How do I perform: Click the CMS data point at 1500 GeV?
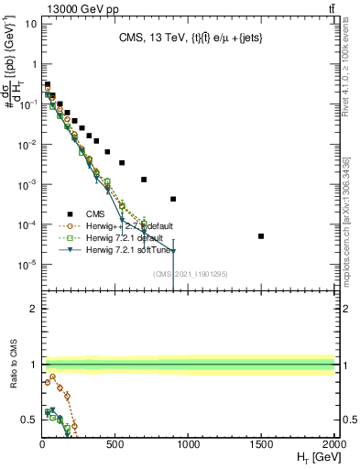(261, 236)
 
